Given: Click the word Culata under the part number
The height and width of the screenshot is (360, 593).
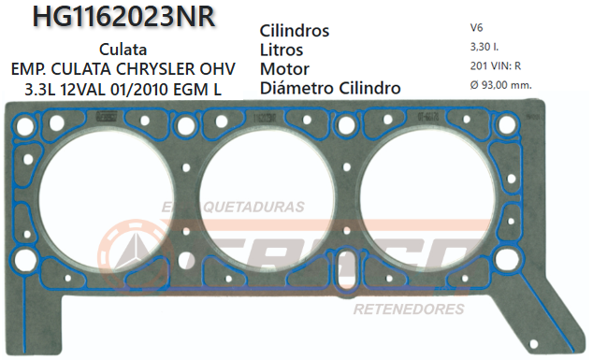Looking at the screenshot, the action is [x=122, y=50].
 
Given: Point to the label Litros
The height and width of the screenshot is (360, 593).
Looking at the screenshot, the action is [x=284, y=50].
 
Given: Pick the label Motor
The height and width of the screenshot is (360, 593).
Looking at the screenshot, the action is [x=284, y=68].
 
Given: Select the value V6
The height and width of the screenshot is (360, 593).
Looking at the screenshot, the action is [x=477, y=29].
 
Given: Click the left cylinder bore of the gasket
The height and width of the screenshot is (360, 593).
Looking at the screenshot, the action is [x=95, y=198].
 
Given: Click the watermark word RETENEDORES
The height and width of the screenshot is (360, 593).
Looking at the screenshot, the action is [x=408, y=309].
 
